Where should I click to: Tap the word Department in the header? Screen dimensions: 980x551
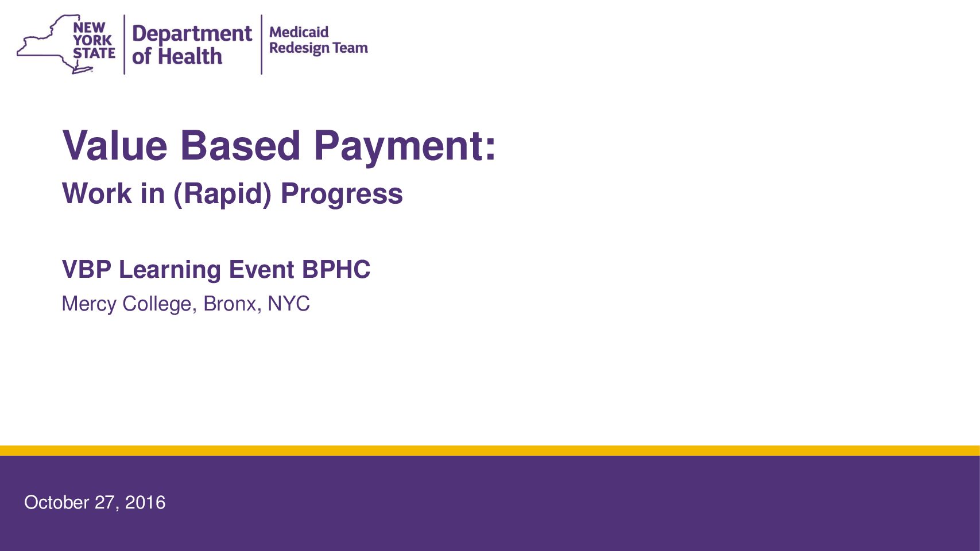pyautogui.click(x=192, y=34)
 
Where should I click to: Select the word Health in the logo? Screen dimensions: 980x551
pyautogui.click(x=190, y=57)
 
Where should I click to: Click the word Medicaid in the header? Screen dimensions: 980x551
pyautogui.click(x=299, y=32)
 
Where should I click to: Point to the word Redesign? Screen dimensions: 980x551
pyautogui.click(x=299, y=48)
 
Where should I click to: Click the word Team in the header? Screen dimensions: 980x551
pyautogui.click(x=350, y=48)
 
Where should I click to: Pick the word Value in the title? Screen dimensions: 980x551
pyautogui.click(x=115, y=146)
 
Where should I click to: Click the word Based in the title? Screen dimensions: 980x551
pyautogui.click(x=240, y=146)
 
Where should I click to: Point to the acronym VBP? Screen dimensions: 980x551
pyautogui.click(x=87, y=269)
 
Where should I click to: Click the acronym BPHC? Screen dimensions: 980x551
pyautogui.click(x=336, y=269)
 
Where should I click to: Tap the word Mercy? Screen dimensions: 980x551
pyautogui.click(x=89, y=304)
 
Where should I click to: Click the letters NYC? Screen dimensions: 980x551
pyautogui.click(x=289, y=304)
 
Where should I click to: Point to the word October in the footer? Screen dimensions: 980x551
pyautogui.click(x=57, y=502)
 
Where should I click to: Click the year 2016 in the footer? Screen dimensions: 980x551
pyautogui.click(x=145, y=502)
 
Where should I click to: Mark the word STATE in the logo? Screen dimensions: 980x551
pyautogui.click(x=94, y=53)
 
